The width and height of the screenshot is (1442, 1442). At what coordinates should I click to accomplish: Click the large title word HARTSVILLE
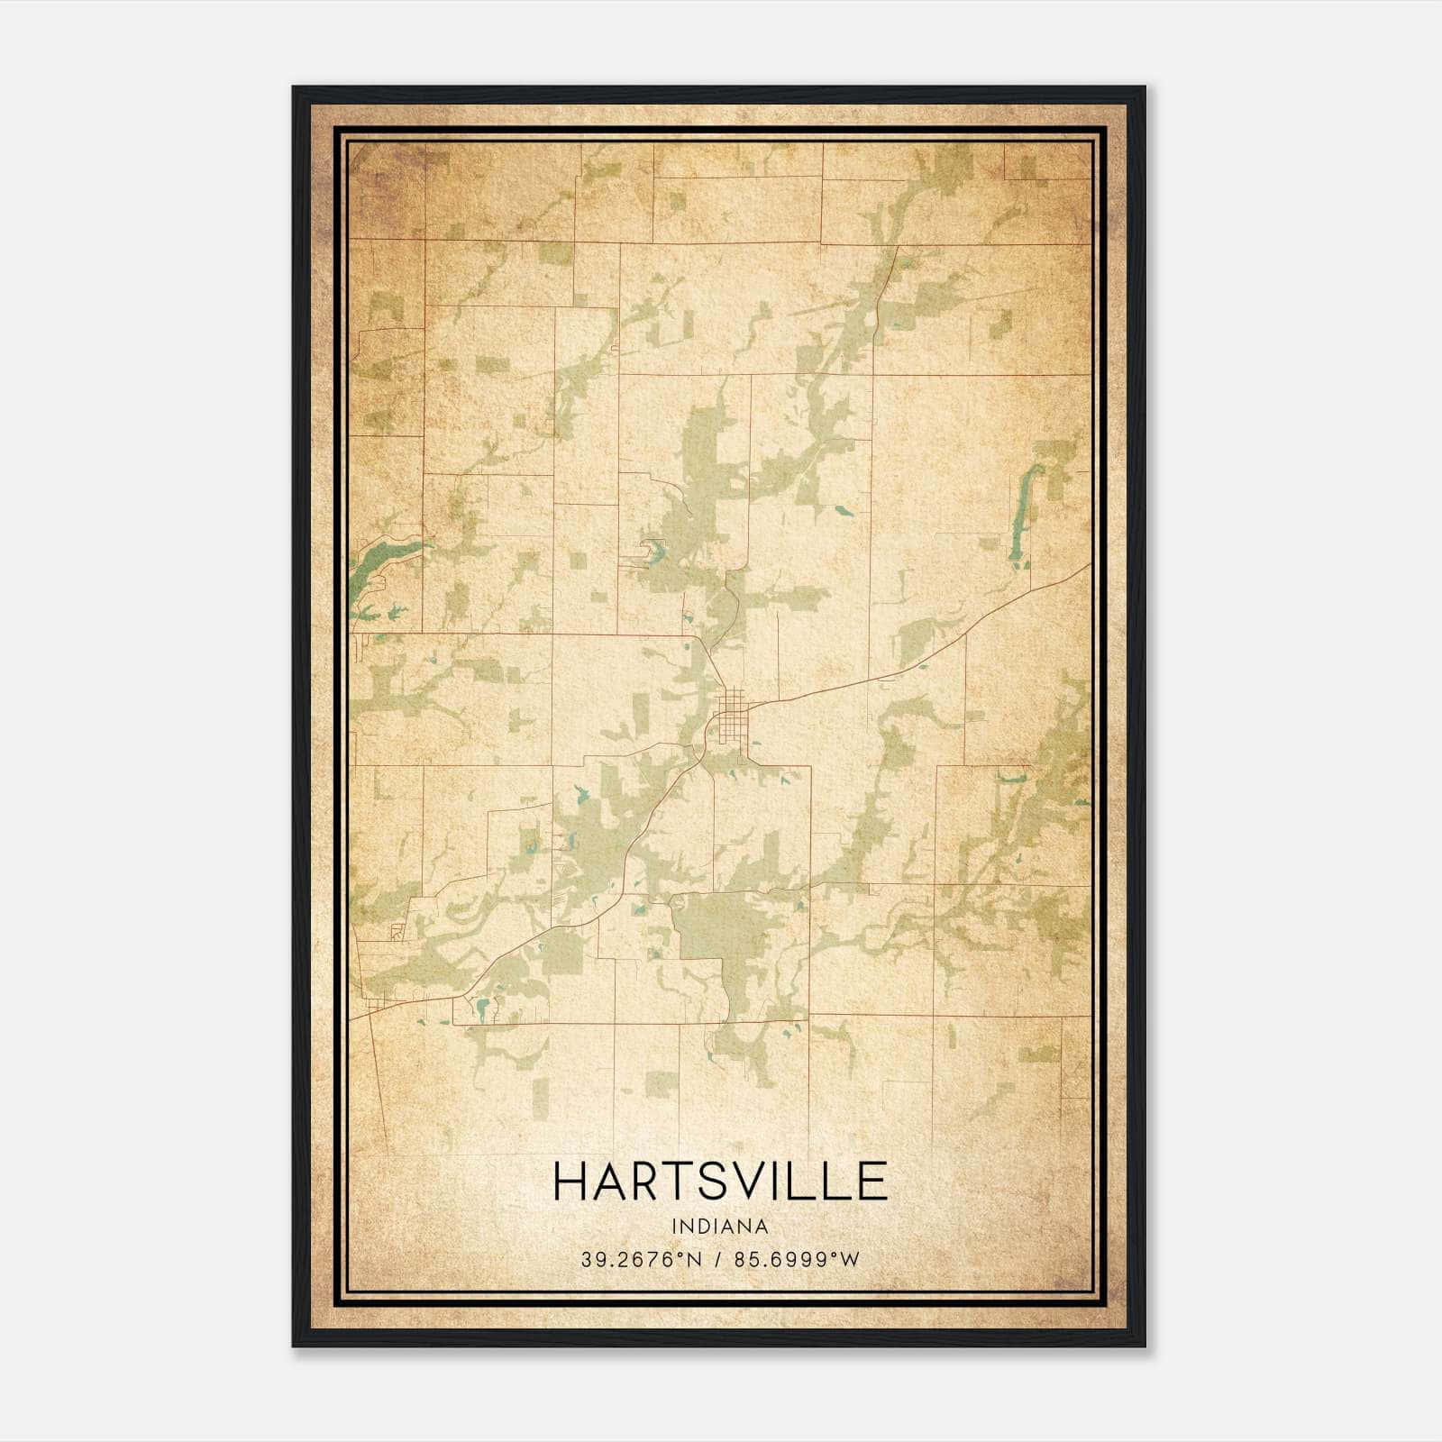(720, 1182)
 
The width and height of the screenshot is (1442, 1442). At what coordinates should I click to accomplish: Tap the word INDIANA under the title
(720, 1227)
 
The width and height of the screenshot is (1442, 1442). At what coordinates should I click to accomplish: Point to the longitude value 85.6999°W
(797, 1260)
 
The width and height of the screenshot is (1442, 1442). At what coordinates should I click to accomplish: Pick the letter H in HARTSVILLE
(570, 1182)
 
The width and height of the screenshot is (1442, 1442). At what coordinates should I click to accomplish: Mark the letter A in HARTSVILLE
(608, 1182)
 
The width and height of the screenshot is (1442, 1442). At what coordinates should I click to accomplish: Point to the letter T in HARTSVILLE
(678, 1182)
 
